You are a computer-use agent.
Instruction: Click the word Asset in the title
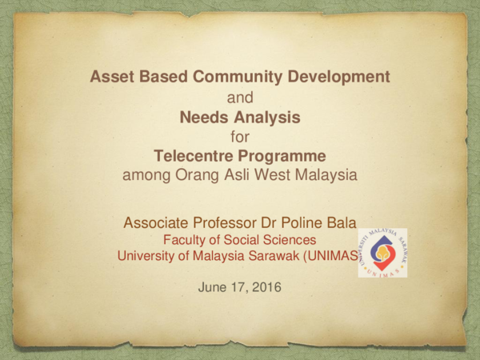tap(110, 78)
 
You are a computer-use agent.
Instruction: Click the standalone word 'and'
tap(240, 98)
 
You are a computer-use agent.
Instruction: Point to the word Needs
tap(204, 117)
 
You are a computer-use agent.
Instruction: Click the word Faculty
tap(185, 239)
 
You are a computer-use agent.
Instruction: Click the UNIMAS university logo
tap(382, 252)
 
